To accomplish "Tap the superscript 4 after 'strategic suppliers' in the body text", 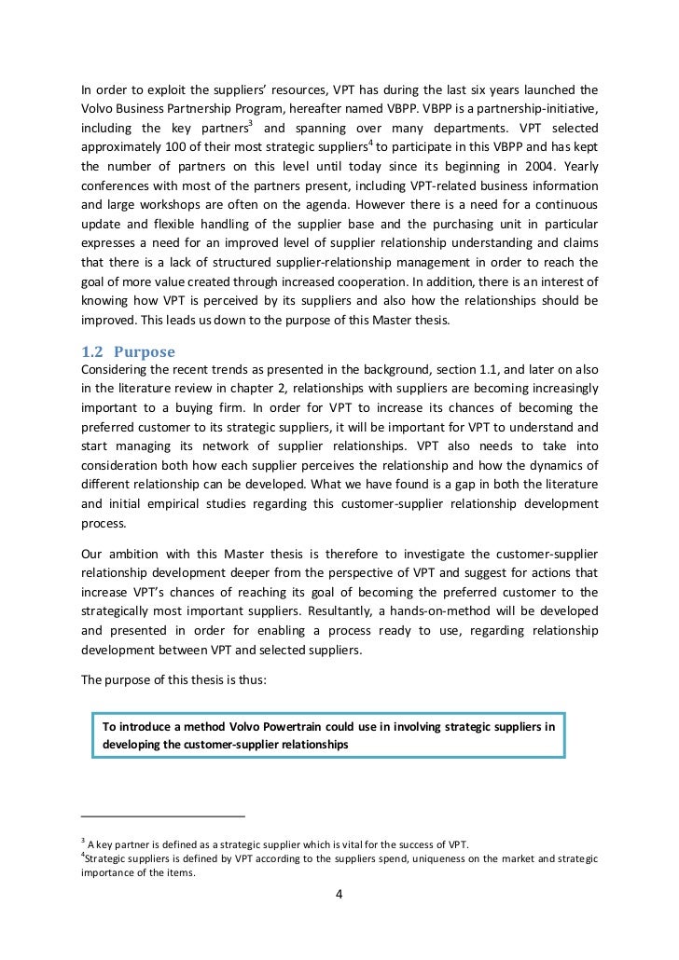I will pyautogui.click(x=370, y=144).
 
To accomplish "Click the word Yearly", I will pyautogui.click(x=575, y=168).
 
